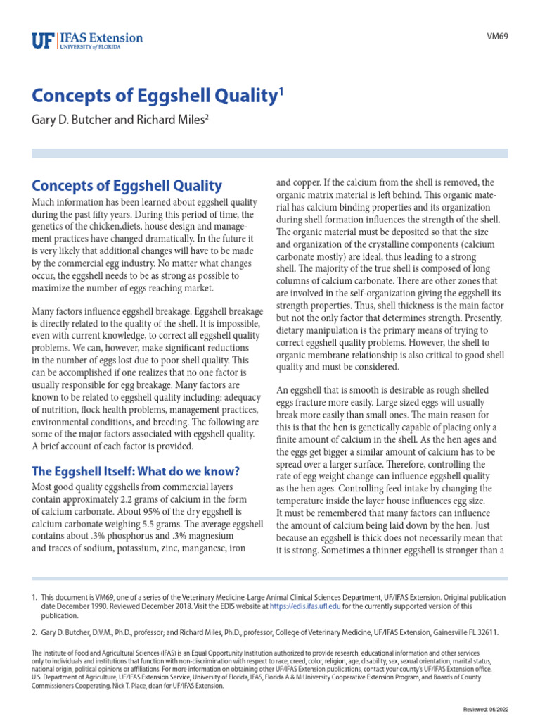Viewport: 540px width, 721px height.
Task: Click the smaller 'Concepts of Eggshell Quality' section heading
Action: pyautogui.click(x=127, y=186)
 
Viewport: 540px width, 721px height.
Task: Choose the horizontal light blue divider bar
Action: pyautogui.click(x=270, y=153)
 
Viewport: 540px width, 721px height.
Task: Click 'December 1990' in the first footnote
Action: pyautogui.click(x=82, y=606)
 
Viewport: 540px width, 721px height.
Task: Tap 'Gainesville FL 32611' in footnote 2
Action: pyautogui.click(x=461, y=632)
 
